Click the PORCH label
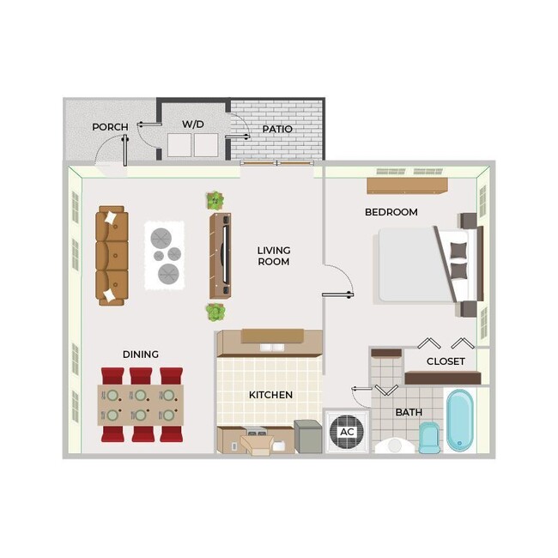tap(110, 127)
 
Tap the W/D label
tap(193, 124)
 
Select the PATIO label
tap(277, 129)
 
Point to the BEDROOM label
tap(391, 212)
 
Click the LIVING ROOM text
tap(273, 256)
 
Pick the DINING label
tap(140, 354)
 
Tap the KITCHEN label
tap(270, 395)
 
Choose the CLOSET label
tap(446, 361)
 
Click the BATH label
tap(409, 412)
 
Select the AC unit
tap(347, 432)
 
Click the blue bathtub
tap(460, 421)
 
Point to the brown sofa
tap(112, 255)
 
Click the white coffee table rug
tap(164, 254)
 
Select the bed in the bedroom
tap(421, 264)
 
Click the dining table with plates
tap(142, 405)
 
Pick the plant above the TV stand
tap(215, 201)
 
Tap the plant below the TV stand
tap(215, 311)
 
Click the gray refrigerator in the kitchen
tap(307, 436)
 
